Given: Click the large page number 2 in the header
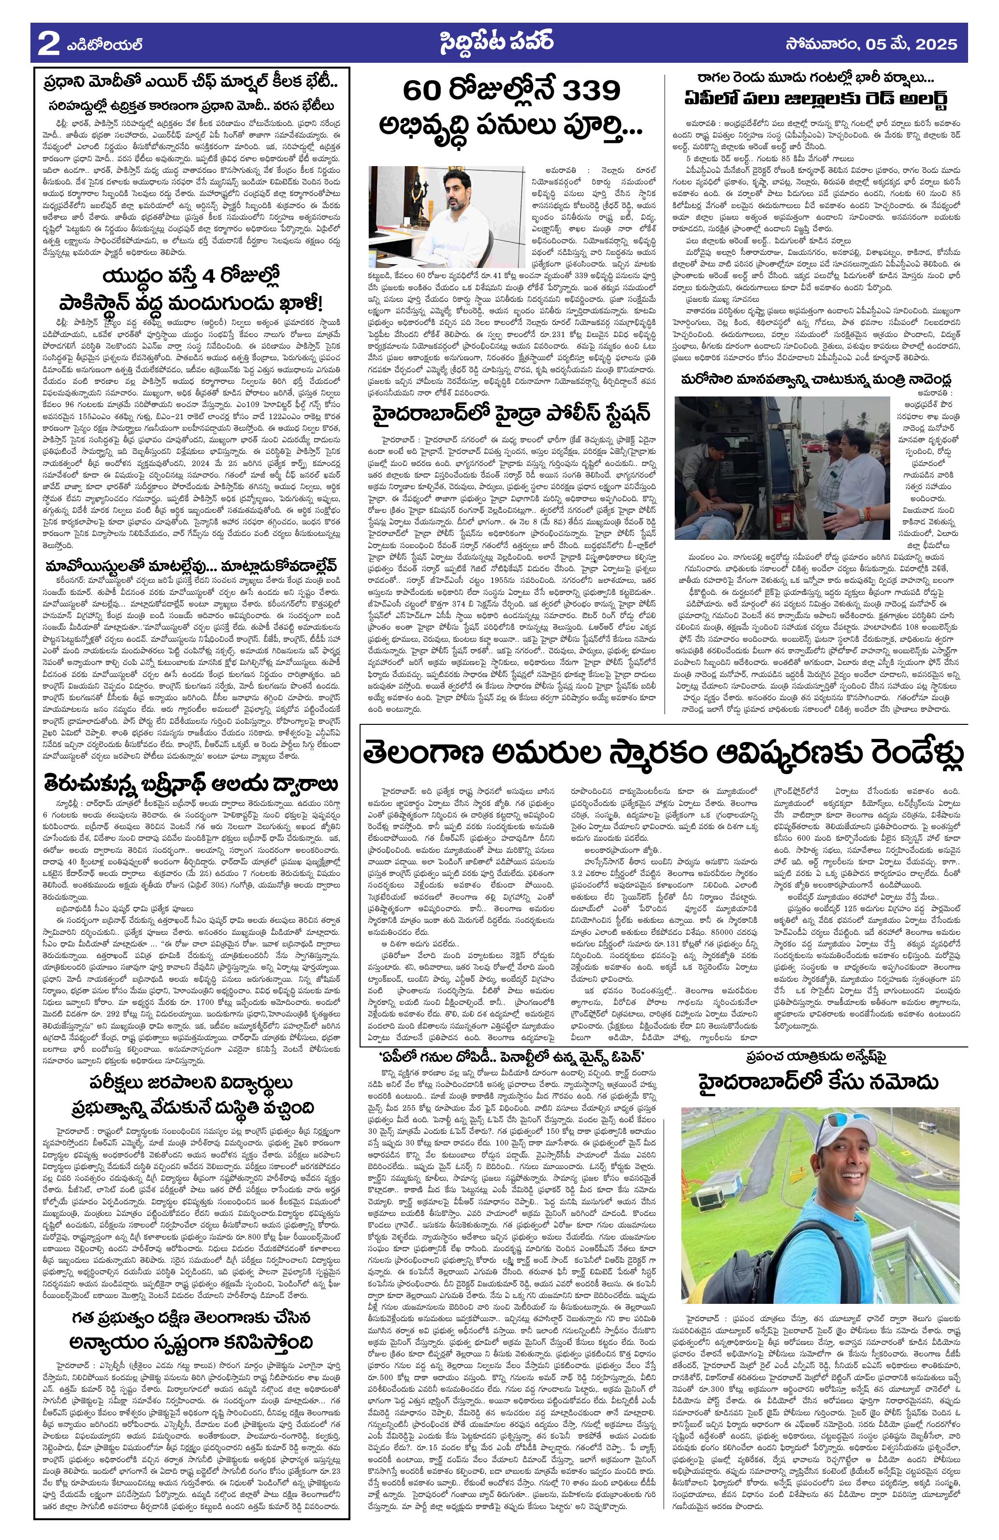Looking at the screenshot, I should (46, 44).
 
